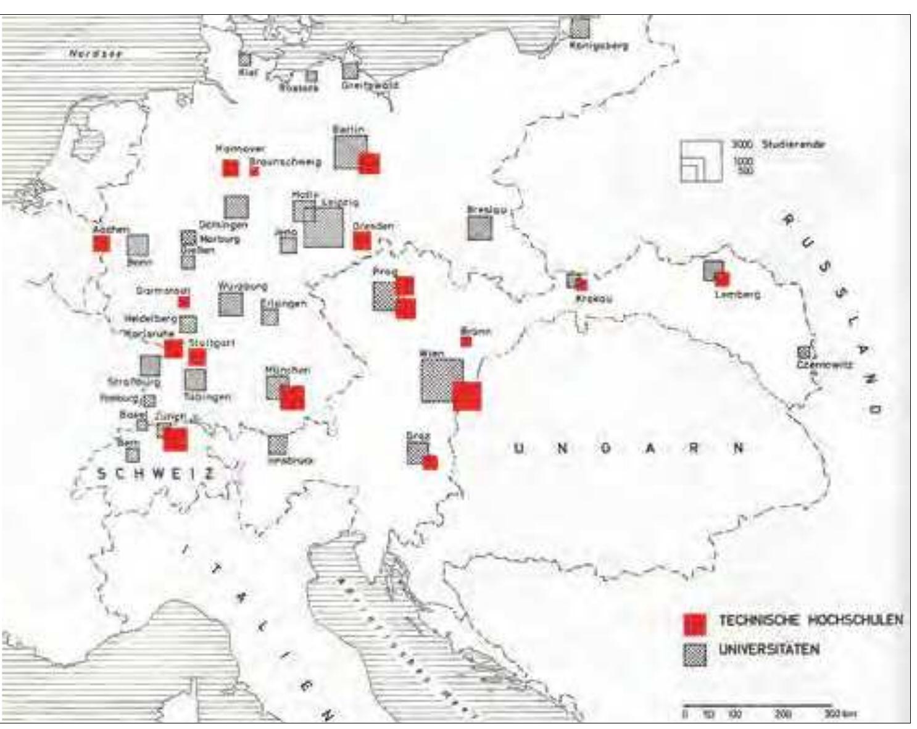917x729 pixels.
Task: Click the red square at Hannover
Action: tap(230, 168)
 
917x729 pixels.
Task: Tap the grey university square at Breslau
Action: tap(479, 228)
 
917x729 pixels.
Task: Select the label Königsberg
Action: tap(599, 45)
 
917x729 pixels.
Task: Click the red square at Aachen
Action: tap(102, 243)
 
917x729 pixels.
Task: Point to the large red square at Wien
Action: tap(467, 396)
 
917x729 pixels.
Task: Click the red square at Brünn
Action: tap(467, 341)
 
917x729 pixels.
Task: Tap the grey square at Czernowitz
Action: tap(803, 353)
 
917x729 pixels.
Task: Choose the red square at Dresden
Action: tap(362, 240)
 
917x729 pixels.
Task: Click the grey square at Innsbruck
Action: tap(278, 444)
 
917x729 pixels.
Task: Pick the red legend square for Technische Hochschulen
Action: tap(694, 624)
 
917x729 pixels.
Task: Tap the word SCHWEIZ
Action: tap(157, 473)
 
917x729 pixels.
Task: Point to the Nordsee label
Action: tap(96, 54)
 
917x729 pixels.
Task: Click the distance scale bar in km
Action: tap(757, 705)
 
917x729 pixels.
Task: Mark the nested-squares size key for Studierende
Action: tap(702, 161)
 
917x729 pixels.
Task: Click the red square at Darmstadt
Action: tap(183, 302)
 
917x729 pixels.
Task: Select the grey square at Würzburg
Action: tap(231, 304)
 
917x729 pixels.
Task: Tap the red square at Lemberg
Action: tap(721, 279)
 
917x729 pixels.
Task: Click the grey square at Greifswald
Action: tap(351, 70)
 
